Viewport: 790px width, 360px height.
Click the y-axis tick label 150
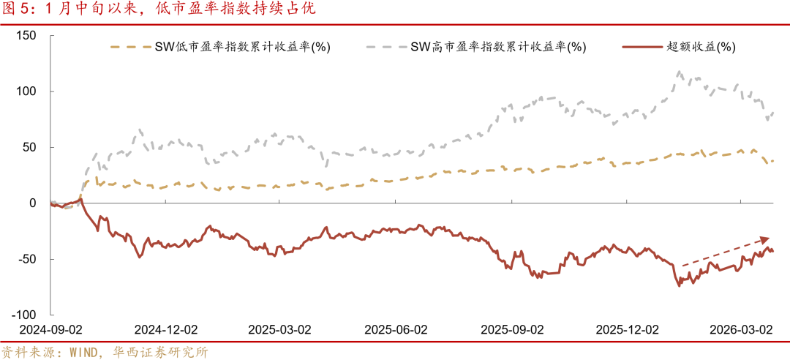[26, 36]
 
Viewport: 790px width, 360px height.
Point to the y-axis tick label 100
[26, 91]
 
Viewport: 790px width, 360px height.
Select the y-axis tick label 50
[30, 147]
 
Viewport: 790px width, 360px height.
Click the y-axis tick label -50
[28, 259]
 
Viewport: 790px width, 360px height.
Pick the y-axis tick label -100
[24, 315]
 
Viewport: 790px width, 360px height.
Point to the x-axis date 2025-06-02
[396, 329]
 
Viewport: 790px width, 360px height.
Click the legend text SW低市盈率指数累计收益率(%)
[241, 47]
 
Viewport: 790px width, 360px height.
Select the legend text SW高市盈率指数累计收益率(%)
[497, 47]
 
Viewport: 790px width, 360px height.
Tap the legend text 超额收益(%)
[701, 47]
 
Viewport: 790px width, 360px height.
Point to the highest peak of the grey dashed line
[680, 72]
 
